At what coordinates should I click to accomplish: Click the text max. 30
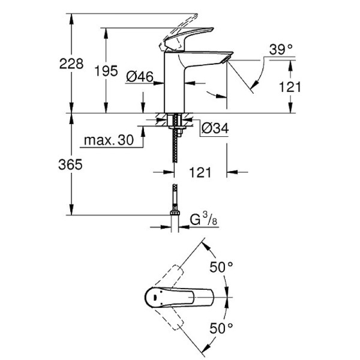109,140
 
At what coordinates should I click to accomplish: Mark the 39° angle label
280,50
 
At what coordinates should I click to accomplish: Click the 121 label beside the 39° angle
290,87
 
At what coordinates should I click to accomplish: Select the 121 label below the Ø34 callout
200,173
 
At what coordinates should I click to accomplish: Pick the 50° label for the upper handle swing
221,267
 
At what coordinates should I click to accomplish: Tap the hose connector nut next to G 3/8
175,213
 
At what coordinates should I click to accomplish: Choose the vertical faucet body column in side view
175,84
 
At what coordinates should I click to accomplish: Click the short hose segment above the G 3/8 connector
175,197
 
